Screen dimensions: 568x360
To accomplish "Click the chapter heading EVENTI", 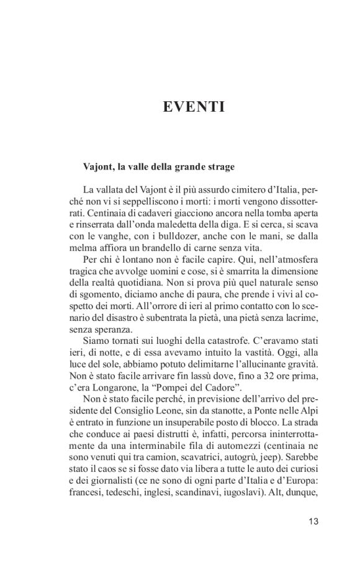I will [192, 107].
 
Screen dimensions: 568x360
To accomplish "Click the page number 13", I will [312, 521].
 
